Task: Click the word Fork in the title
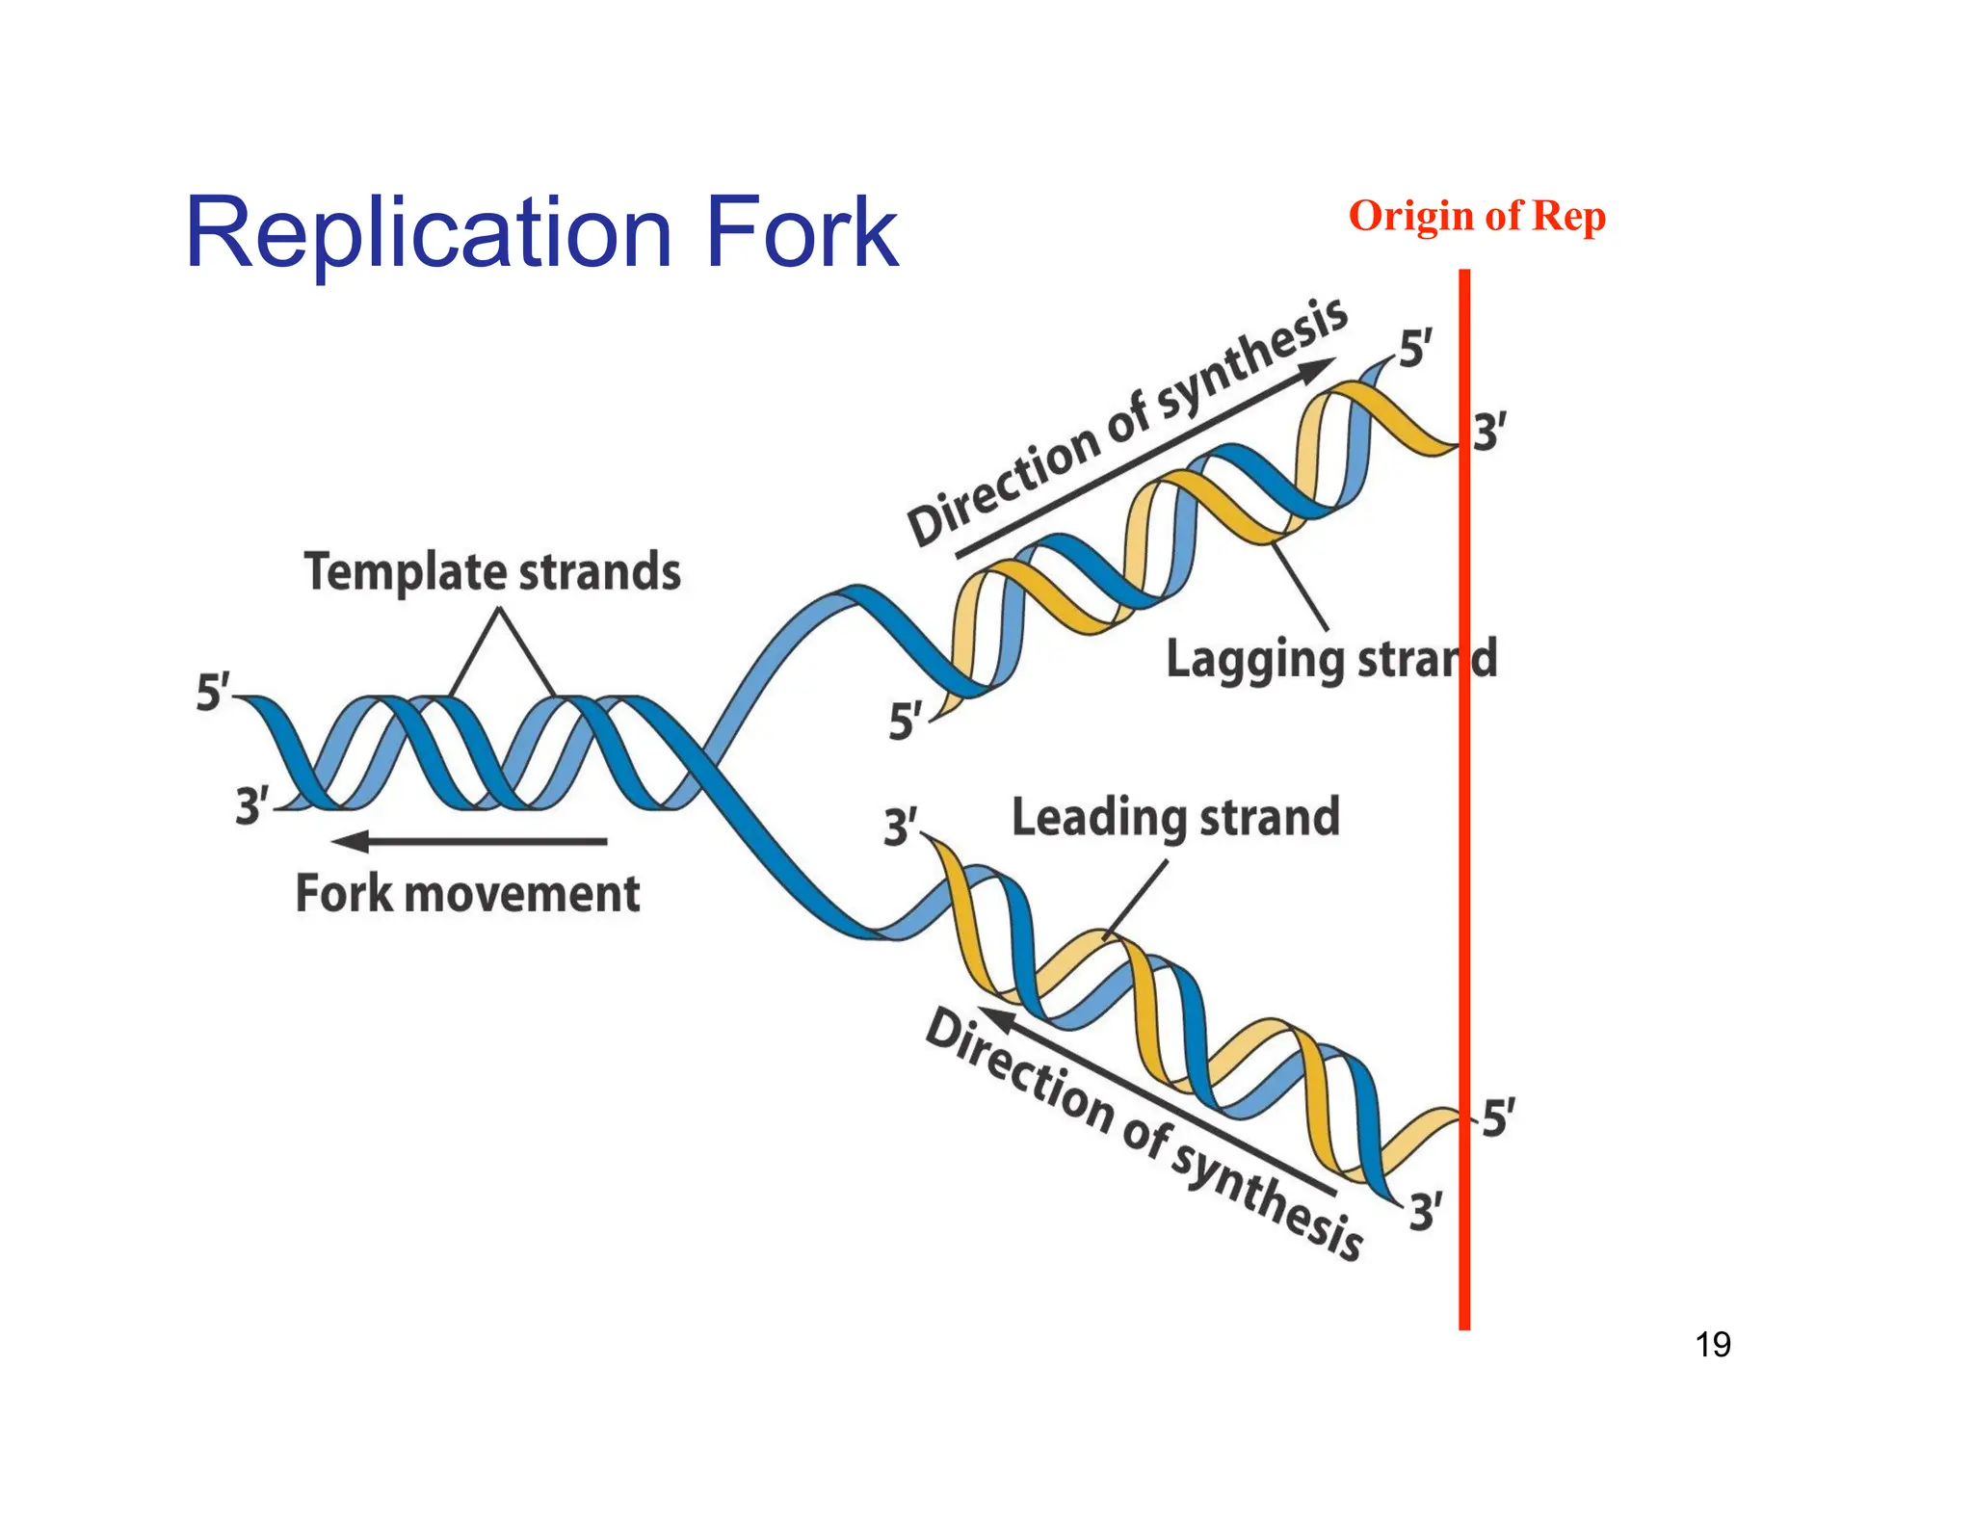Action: point(801,233)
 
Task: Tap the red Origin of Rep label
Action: point(1476,216)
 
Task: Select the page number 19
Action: point(1712,1344)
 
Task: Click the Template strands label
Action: point(492,571)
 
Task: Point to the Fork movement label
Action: point(467,893)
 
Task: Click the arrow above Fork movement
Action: point(469,841)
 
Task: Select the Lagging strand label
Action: point(1330,660)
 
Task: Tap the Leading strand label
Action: point(1175,817)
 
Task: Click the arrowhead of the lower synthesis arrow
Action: point(998,1019)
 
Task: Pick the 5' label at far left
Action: point(213,693)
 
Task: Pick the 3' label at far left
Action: point(252,805)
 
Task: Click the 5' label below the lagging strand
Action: point(905,722)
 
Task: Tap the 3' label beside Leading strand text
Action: point(901,828)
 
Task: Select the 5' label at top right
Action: point(1415,348)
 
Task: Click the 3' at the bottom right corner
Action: point(1426,1211)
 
